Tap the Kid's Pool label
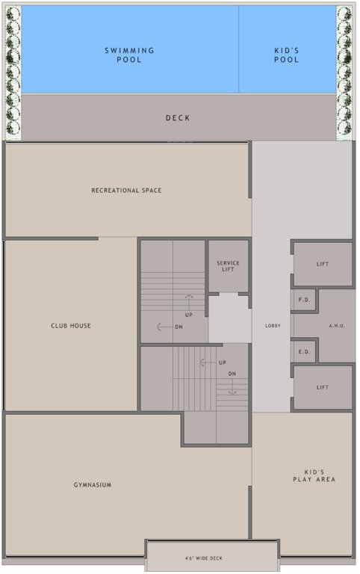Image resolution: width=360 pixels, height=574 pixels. pos(287,55)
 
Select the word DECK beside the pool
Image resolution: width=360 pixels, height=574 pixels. pos(178,118)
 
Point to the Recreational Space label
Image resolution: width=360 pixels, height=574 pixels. pos(126,191)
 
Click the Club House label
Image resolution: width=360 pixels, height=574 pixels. pos(72,326)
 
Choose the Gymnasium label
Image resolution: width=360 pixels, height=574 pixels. pos(93,485)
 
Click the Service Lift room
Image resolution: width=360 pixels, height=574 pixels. pos(228,266)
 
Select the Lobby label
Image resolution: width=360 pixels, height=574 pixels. pos(272,326)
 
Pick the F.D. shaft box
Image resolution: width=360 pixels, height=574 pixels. pos(304,300)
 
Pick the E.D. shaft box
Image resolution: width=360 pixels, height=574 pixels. pos(304,351)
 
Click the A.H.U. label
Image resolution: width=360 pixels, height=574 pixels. pos(336,326)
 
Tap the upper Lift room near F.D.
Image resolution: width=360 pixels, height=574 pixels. pos(323,264)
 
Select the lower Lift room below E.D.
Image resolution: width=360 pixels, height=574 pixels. pos(323,387)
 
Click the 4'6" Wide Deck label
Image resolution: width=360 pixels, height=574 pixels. pos(203,558)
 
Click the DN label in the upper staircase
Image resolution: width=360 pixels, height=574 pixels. pos(179,327)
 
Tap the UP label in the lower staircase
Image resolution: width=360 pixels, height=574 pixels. pos(223,363)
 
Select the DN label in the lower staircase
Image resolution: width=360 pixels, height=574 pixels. pos(232,374)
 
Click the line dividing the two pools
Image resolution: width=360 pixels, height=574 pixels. pos(239,49)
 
